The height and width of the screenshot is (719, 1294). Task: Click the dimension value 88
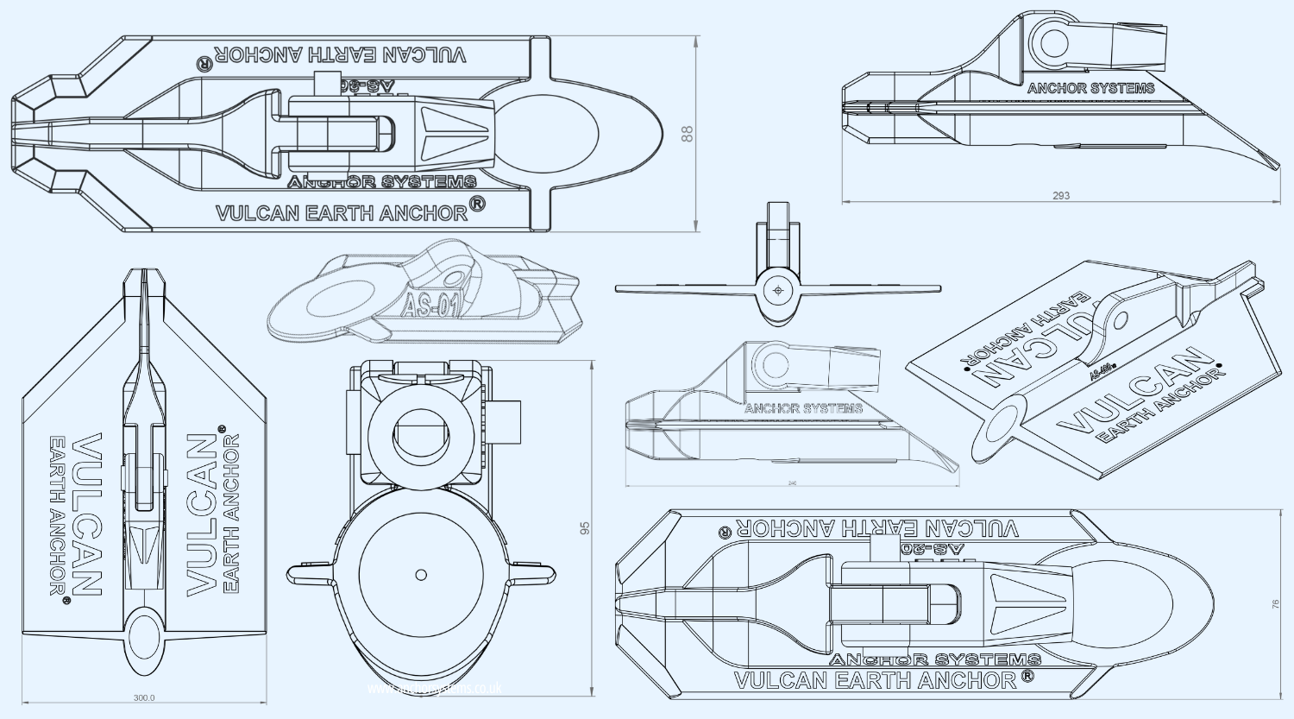688,134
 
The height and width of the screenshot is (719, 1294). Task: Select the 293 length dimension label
1061,196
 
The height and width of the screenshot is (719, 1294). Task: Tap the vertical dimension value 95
585,528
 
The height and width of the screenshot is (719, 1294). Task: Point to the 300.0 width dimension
144,697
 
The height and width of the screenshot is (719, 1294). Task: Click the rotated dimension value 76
1276,604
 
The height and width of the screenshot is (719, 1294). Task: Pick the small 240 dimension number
792,483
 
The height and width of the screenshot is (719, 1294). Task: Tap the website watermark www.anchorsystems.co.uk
434,689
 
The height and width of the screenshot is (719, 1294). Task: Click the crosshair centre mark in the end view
778,291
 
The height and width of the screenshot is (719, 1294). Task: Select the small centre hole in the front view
421,574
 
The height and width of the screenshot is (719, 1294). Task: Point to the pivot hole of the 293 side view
1050,42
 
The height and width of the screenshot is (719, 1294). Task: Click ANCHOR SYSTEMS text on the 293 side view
1090,88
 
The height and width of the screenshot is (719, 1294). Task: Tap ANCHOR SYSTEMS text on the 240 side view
803,408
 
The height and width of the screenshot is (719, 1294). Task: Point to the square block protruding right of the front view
508,422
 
